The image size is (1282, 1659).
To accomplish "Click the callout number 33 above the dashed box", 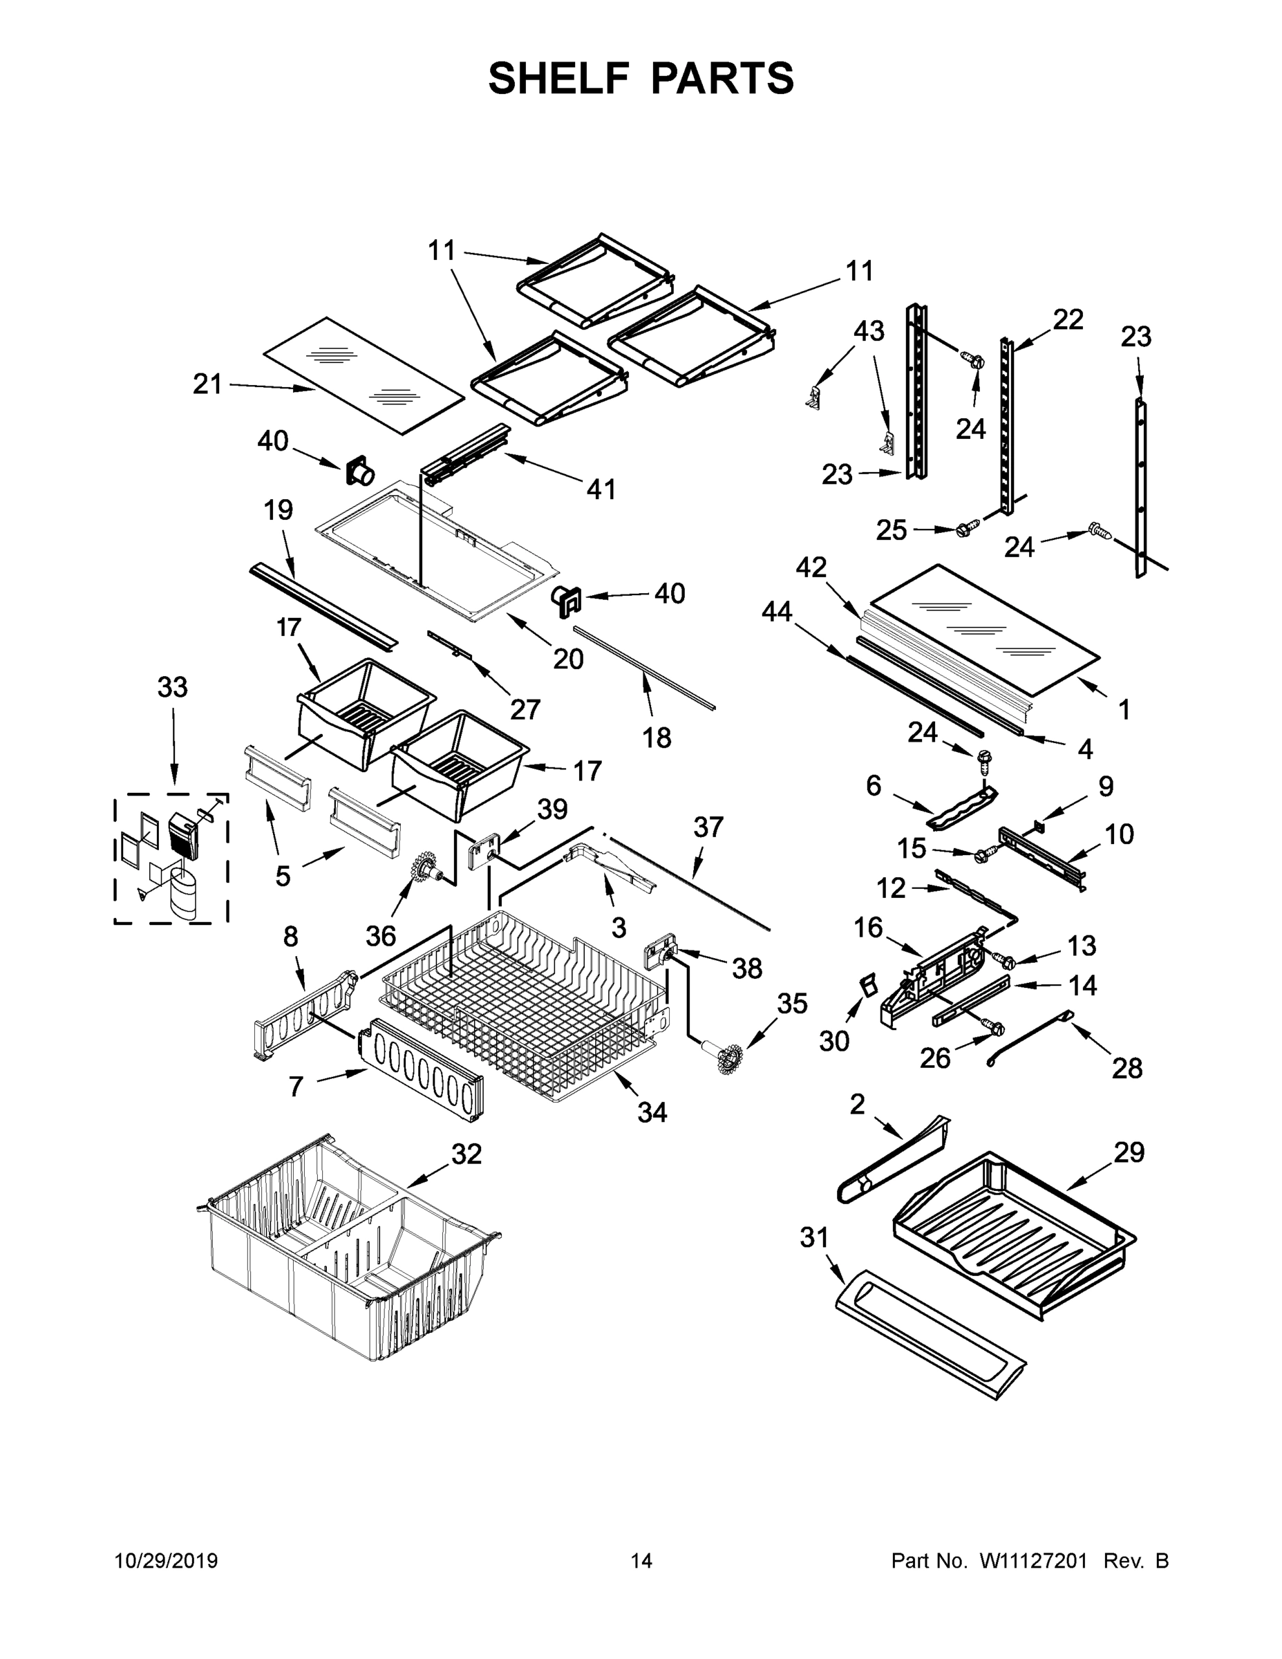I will pyautogui.click(x=172, y=688).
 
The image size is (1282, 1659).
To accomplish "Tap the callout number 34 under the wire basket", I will pyautogui.click(x=652, y=1112).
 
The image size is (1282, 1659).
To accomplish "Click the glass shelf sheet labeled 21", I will pyautogui.click(x=363, y=375).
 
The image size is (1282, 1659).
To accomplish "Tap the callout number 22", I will pyautogui.click(x=1067, y=320).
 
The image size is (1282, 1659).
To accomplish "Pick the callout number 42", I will pyautogui.click(x=811, y=567).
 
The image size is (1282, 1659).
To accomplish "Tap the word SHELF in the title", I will pyautogui.click(x=559, y=78).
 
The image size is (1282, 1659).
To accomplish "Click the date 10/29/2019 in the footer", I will pyautogui.click(x=167, y=1561).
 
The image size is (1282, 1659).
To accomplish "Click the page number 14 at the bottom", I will pyautogui.click(x=641, y=1561).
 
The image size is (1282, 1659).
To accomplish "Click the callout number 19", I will pyautogui.click(x=278, y=509).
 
